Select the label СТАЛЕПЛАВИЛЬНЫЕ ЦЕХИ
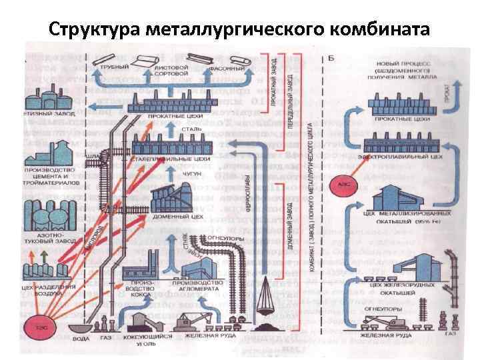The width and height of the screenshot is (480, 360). pyautogui.click(x=177, y=160)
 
